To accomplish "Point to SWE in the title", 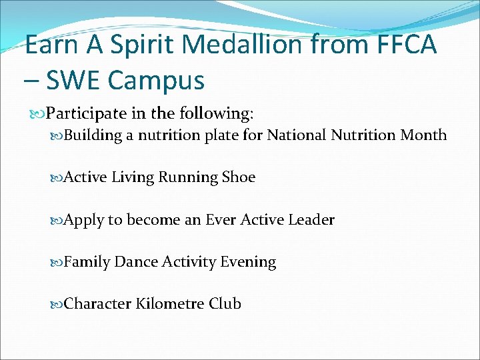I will coord(74,81).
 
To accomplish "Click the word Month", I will coord(423,135).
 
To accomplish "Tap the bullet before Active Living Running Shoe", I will coord(57,177).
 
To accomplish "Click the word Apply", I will coord(83,220).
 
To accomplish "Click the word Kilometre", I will coord(170,304).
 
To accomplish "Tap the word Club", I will coord(225,304).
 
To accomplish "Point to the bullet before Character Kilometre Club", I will coord(57,304).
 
